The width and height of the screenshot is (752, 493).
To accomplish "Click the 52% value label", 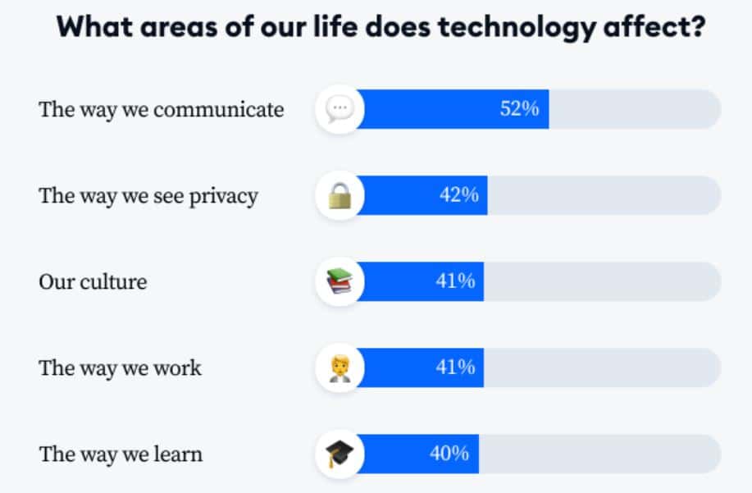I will pos(519,109).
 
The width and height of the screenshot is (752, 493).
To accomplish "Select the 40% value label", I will pos(449,453).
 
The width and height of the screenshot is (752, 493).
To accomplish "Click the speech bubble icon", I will pos(339,109).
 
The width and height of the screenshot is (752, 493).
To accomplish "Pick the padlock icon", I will pos(339,196).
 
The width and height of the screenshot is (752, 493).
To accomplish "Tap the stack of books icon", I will pos(339,281).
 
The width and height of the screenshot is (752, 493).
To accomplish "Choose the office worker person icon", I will pos(339,367).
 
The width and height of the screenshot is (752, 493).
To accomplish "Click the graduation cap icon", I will pos(339,454).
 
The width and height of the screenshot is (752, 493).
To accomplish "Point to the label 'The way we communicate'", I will pos(162,110).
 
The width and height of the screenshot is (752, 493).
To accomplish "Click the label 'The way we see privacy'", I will pos(148,196).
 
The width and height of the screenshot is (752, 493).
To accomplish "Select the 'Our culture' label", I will pos(93,282).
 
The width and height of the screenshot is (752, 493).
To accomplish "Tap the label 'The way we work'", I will pos(120,367).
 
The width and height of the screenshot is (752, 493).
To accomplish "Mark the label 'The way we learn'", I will pos(121,454).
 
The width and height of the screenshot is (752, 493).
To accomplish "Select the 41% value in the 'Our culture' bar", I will pos(455,281).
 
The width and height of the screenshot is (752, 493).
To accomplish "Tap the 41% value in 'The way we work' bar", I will pos(455,367).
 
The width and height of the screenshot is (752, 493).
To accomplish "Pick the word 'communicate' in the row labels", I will pos(218,110).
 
